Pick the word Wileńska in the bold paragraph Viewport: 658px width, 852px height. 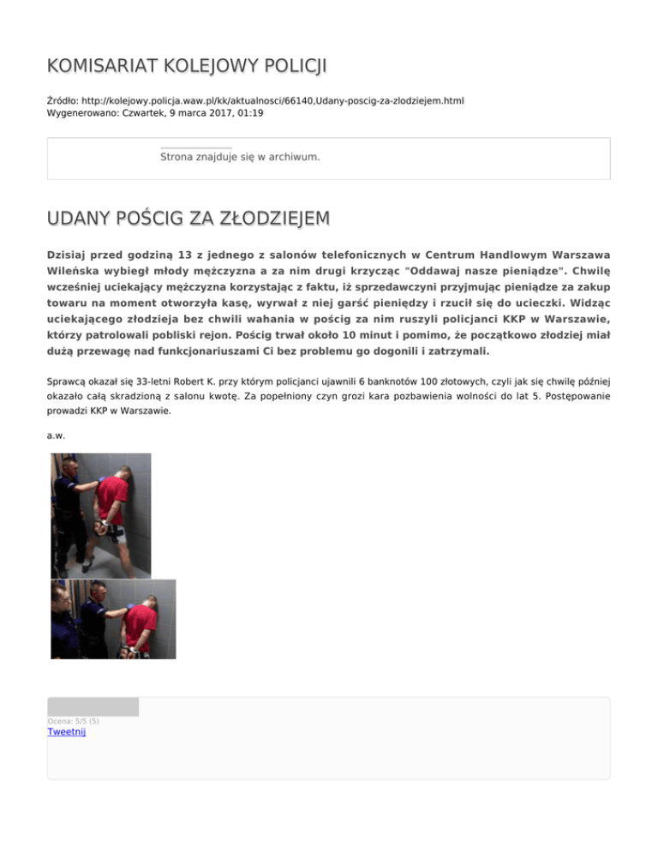pos(78,272)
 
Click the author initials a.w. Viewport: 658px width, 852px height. pos(56,436)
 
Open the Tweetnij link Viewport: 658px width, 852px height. pos(67,732)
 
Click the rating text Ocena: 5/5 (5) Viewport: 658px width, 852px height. pos(73,721)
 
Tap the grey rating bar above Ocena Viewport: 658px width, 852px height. pos(93,707)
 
